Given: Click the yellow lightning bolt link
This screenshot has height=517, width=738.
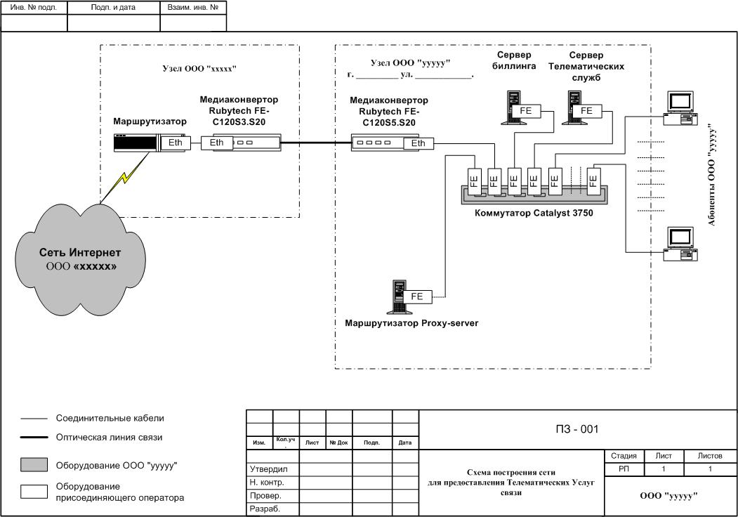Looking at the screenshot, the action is pyautogui.click(x=124, y=178).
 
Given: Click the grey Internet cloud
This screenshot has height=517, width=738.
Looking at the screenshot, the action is pyautogui.click(x=81, y=260).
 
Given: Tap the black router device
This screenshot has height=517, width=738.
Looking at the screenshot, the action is pyautogui.click(x=137, y=143).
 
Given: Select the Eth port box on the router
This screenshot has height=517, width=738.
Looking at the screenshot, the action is pyautogui.click(x=175, y=143).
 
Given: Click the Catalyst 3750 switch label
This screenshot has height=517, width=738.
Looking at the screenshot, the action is pyautogui.click(x=534, y=214).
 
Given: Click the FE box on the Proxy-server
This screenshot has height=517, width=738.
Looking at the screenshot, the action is pyautogui.click(x=417, y=296).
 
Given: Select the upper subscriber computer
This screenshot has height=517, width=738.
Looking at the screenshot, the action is pyautogui.click(x=680, y=109).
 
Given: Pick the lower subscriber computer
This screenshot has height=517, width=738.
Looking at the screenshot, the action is pyautogui.click(x=680, y=244).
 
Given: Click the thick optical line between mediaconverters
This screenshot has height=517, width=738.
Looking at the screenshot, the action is pyautogui.click(x=316, y=143).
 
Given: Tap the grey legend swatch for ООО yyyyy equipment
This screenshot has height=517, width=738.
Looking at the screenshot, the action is pyautogui.click(x=34, y=465).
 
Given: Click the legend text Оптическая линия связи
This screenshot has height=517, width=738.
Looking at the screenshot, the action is pyautogui.click(x=110, y=438).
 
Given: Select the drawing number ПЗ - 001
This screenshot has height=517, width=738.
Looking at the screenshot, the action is pyautogui.click(x=576, y=429).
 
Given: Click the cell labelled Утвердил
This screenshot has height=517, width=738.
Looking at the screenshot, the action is pyautogui.click(x=269, y=469).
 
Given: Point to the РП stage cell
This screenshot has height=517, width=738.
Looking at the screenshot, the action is pyautogui.click(x=624, y=469).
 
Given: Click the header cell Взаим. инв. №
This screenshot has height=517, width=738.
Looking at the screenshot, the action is pyautogui.click(x=193, y=8).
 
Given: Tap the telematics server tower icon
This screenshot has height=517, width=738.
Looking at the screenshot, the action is pyautogui.click(x=574, y=107).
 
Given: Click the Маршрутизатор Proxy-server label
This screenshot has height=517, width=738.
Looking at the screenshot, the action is pyautogui.click(x=411, y=323).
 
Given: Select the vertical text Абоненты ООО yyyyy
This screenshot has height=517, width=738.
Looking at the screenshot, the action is pyautogui.click(x=711, y=175).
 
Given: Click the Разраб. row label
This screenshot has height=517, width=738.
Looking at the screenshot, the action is pyautogui.click(x=265, y=509).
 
